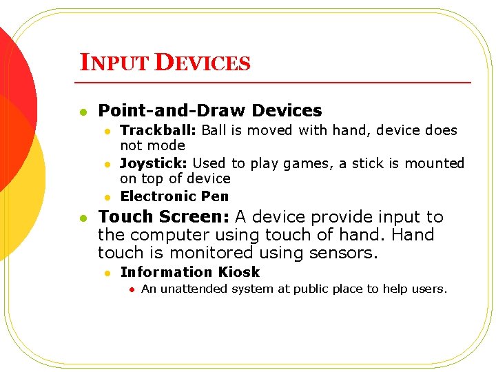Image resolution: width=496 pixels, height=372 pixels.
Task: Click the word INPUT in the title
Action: tap(115, 63)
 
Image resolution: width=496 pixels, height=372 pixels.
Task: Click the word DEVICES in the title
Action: tap(203, 63)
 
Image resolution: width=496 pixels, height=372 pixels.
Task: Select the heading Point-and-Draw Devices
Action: tap(210, 110)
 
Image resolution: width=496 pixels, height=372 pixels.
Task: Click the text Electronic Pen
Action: tap(174, 196)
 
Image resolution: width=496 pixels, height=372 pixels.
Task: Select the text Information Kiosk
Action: tap(190, 272)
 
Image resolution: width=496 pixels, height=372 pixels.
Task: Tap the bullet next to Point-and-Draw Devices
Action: tap(83, 111)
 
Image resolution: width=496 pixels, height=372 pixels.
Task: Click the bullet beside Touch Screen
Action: tap(83, 218)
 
